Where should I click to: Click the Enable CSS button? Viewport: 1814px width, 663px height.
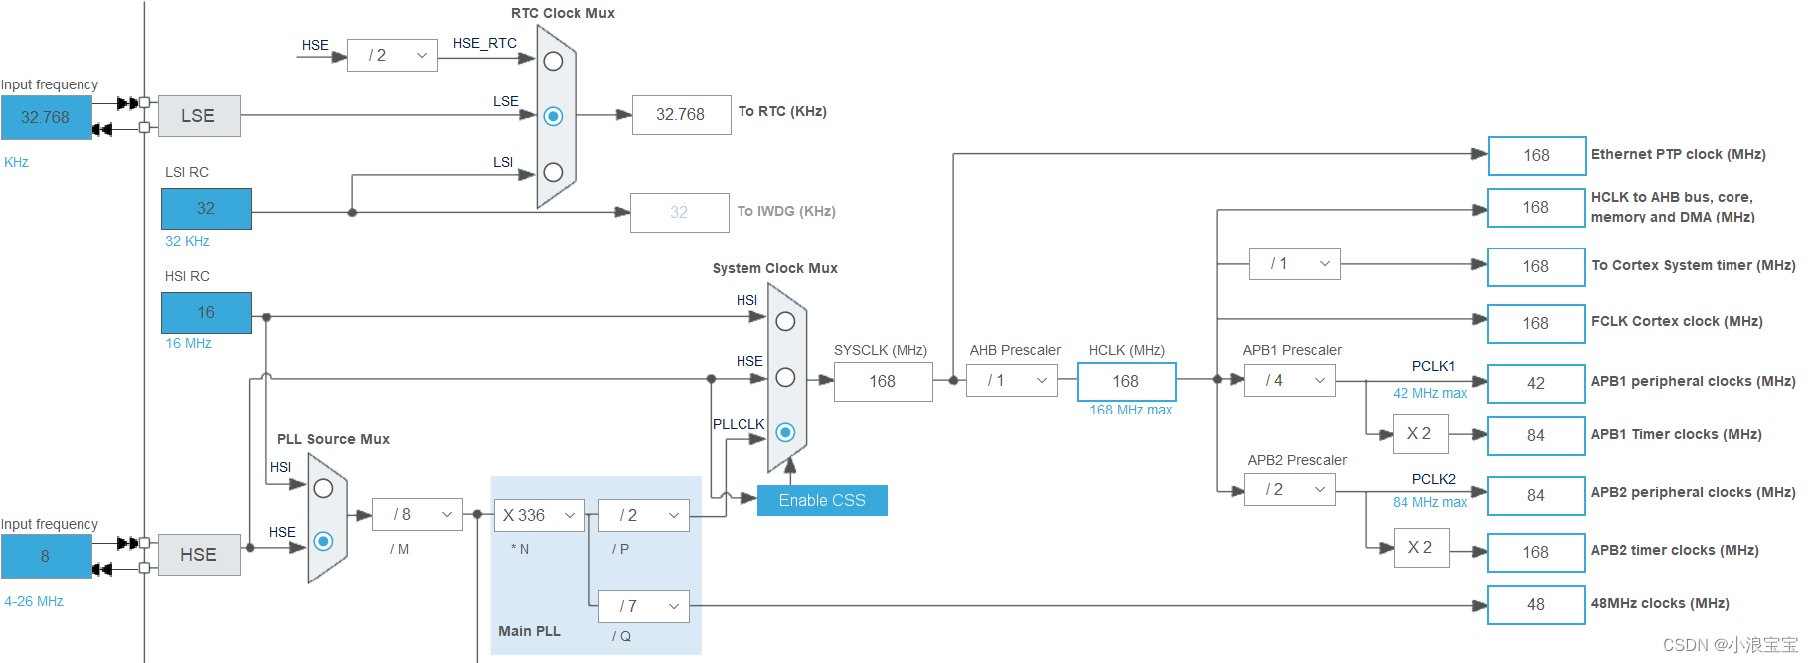[x=822, y=500]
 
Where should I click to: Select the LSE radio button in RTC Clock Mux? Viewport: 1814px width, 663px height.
[x=554, y=116]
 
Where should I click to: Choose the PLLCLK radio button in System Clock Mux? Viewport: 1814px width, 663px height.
[x=785, y=432]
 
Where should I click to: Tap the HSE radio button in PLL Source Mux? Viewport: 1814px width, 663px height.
[x=323, y=541]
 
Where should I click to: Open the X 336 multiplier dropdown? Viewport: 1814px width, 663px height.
[x=539, y=515]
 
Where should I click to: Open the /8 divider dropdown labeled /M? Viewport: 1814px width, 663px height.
[x=416, y=514]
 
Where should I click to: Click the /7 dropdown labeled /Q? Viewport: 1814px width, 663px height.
[x=643, y=606]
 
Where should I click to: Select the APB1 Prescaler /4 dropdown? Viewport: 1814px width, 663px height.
[x=1289, y=380]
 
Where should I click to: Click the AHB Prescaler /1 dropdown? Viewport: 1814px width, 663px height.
[x=1012, y=380]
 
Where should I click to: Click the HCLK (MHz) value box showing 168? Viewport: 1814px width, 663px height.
[x=1126, y=381]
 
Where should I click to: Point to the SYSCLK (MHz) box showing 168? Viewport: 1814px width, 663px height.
[x=883, y=381]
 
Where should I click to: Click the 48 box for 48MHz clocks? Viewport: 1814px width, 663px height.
[x=1536, y=604]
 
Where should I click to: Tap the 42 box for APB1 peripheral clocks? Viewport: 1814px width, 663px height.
[x=1536, y=383]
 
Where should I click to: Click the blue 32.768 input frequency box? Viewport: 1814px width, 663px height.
[x=46, y=117]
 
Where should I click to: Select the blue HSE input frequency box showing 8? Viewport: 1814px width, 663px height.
[x=46, y=556]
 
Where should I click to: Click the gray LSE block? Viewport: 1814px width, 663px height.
[x=198, y=116]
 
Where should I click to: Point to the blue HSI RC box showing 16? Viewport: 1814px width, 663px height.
[x=206, y=312]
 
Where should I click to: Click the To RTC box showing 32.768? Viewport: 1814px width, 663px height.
[x=680, y=114]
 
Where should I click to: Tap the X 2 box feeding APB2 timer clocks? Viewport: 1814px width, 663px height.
[x=1420, y=547]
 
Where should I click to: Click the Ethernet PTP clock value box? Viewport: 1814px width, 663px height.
[x=1536, y=155]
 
